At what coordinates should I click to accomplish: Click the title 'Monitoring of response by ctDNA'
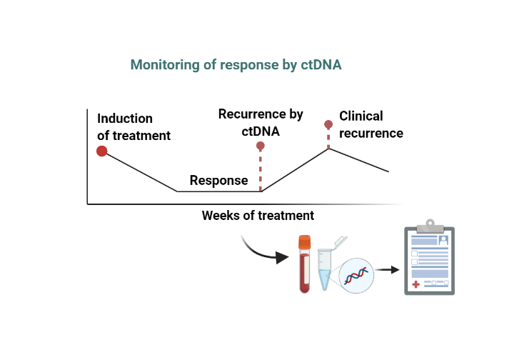pyautogui.click(x=236, y=65)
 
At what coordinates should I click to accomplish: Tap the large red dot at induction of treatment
pyautogui.click(x=102, y=151)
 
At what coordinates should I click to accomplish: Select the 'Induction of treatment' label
pyautogui.click(x=133, y=127)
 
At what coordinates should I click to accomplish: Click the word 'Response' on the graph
pyautogui.click(x=218, y=180)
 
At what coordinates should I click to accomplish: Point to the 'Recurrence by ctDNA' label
pyautogui.click(x=261, y=123)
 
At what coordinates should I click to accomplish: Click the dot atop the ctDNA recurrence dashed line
pyautogui.click(x=261, y=146)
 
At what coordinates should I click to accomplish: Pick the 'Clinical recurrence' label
pyautogui.click(x=371, y=124)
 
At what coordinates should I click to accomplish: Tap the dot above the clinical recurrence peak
pyautogui.click(x=328, y=124)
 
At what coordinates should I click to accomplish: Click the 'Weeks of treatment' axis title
pyautogui.click(x=258, y=216)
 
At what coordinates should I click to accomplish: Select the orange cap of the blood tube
pyautogui.click(x=305, y=241)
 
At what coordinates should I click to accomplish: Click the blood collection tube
pyautogui.click(x=305, y=264)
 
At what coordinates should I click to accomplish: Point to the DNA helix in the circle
pyautogui.click(x=356, y=276)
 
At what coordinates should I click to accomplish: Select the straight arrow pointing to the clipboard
pyautogui.click(x=388, y=270)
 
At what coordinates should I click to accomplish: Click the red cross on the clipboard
pyautogui.click(x=415, y=284)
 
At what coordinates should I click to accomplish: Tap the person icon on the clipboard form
pyautogui.click(x=443, y=240)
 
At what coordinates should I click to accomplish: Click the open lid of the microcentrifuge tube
pyautogui.click(x=341, y=241)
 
